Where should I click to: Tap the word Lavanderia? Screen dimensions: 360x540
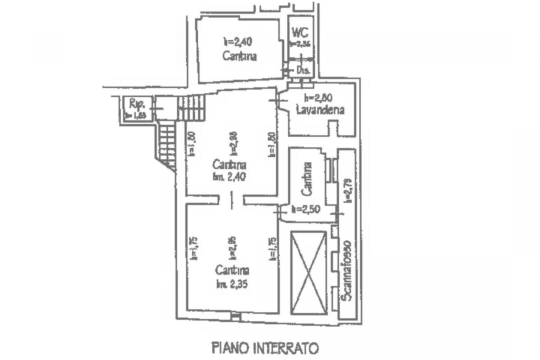320,110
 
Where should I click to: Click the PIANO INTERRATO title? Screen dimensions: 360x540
265,348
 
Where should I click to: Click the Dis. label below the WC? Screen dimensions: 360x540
303,70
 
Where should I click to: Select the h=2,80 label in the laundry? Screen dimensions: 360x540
318,98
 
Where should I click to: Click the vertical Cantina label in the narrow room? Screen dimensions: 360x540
307,179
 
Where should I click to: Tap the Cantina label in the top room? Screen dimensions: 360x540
240,56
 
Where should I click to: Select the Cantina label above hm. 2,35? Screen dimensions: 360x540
232,270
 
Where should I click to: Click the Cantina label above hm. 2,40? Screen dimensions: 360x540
229,164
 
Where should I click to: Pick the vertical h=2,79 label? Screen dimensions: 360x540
348,191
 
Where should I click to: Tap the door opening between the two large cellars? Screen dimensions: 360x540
232,200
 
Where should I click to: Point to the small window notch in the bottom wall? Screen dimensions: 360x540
235,318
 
